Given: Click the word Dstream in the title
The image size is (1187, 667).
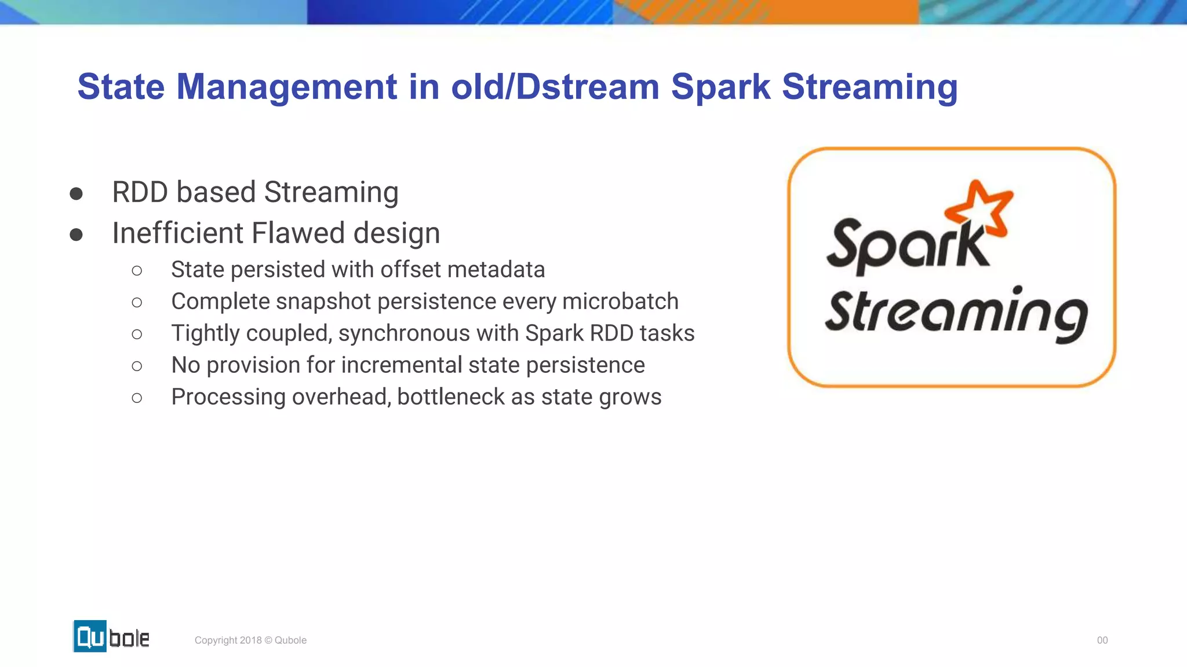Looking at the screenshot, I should point(587,87).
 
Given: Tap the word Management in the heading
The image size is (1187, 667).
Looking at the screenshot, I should point(286,87).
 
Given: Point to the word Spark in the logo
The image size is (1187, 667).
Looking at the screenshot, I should point(907,246).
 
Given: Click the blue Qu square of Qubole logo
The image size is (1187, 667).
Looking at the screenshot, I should point(90,636).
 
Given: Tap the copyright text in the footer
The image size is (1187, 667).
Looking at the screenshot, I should point(250,640).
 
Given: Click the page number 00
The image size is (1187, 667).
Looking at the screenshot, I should point(1102,640).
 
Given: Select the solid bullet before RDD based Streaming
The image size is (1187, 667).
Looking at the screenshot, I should point(76,193).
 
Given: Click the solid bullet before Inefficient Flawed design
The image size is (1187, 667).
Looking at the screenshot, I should point(76,234).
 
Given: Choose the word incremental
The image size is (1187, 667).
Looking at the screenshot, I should point(402,365).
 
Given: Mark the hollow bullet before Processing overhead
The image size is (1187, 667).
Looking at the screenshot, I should point(137,398).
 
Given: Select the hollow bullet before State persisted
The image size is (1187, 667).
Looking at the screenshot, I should point(137,270).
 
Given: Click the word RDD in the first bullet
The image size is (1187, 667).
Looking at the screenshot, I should point(140,192).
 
